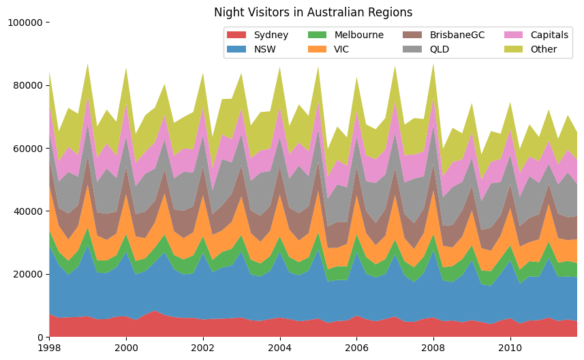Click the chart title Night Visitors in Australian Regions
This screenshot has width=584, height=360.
click(x=313, y=12)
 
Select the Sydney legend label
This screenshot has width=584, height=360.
click(x=271, y=35)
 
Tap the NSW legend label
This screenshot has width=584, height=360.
click(x=265, y=49)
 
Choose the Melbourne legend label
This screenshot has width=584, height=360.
click(x=358, y=35)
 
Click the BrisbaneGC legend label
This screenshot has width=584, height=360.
click(x=457, y=35)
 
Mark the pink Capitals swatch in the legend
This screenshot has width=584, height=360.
click(x=514, y=35)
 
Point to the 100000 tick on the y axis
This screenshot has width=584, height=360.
click(x=25, y=22)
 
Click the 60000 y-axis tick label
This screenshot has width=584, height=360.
click(x=28, y=149)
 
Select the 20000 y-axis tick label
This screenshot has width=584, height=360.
click(x=28, y=274)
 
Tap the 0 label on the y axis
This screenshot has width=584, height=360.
click(x=40, y=337)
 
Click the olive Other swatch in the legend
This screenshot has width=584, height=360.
click(x=514, y=49)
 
